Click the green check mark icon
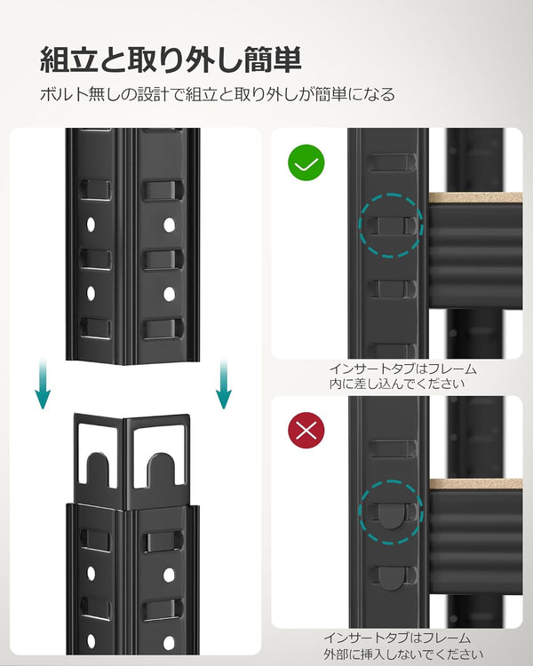pos(306,163)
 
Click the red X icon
pos(306,431)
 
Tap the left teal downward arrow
pos(43,383)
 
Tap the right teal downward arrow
pos(224,383)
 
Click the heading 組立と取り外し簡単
pos(171,59)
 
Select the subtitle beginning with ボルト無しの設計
pos(218,94)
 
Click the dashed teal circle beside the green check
pos(391,194)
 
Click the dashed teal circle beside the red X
pos(391,480)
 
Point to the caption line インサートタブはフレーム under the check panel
pos(403,369)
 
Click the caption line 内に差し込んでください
pos(397,384)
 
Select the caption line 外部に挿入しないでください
pos(403,654)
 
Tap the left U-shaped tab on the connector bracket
pos(98,470)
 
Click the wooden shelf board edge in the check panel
pos(475,197)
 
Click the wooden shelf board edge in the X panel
pos(475,484)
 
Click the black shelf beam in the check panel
pos(475,256)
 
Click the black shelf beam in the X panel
pos(475,542)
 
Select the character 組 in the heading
pos(54,59)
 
